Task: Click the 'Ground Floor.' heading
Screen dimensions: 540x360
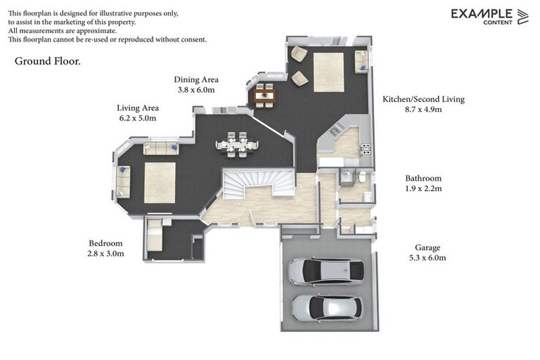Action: [48, 61]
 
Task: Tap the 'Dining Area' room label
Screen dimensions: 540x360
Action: [196, 79]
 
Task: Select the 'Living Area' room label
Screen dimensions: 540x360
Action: [138, 108]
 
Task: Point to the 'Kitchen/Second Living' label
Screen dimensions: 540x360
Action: [423, 100]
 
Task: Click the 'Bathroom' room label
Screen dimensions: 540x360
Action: [423, 179]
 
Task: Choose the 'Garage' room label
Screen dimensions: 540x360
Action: [427, 247]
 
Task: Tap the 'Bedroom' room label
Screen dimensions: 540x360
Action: [105, 243]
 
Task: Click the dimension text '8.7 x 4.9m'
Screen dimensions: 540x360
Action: [423, 110]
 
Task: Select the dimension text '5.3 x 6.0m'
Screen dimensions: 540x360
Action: [427, 257]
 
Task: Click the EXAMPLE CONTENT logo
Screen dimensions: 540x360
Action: [489, 17]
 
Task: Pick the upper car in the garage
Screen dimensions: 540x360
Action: [326, 271]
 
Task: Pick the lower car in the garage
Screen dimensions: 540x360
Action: [327, 307]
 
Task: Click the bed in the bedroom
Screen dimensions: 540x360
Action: [154, 235]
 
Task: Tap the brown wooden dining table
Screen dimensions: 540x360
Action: [264, 96]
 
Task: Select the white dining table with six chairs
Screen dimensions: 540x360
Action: [236, 145]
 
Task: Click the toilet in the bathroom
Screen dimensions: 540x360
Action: [362, 177]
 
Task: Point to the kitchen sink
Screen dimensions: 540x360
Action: [335, 130]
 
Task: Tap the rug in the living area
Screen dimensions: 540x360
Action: [160, 183]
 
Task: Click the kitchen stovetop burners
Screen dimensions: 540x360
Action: [366, 148]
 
